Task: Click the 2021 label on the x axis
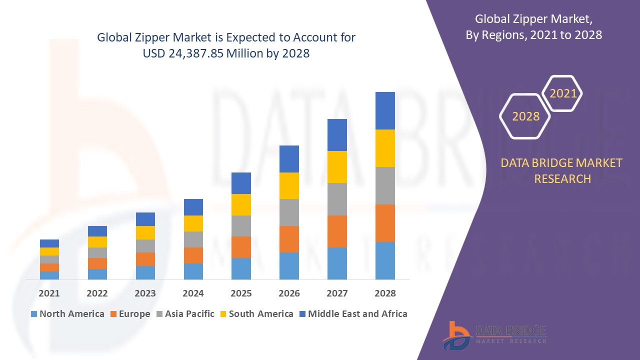pyautogui.click(x=49, y=293)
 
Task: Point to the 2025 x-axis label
pyautogui.click(x=241, y=293)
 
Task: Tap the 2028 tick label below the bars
pyautogui.click(x=385, y=293)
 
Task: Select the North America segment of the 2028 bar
pyautogui.click(x=385, y=260)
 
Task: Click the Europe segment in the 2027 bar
pyautogui.click(x=337, y=231)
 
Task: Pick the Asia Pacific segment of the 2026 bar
pyautogui.click(x=289, y=212)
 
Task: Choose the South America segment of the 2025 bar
pyautogui.click(x=241, y=204)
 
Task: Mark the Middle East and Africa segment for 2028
pyautogui.click(x=385, y=110)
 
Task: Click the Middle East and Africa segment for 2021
pyautogui.click(x=49, y=243)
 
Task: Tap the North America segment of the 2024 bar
pyautogui.click(x=193, y=271)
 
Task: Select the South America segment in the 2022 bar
pyautogui.click(x=97, y=242)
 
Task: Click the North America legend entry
pyautogui.click(x=67, y=314)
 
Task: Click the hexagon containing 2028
pyautogui.click(x=525, y=116)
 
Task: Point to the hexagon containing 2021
pyautogui.click(x=562, y=93)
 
